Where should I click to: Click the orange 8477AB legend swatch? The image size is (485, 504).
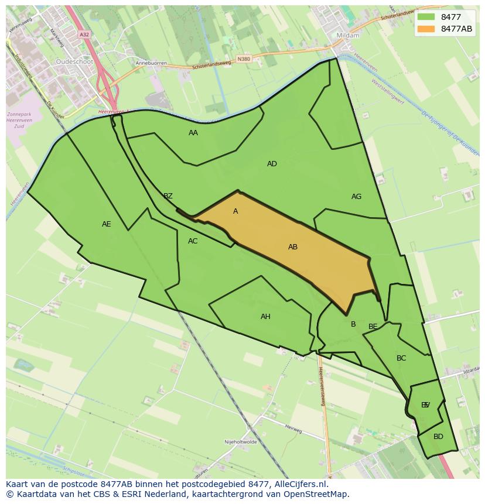[x=426, y=29]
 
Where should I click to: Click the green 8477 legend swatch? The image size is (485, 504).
[x=426, y=17]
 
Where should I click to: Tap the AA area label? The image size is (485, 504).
[x=193, y=133]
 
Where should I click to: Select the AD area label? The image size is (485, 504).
[x=272, y=164]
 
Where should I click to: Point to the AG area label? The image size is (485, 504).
[x=356, y=197]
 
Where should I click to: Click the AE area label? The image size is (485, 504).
[x=106, y=224]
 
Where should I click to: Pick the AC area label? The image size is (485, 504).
[x=193, y=241]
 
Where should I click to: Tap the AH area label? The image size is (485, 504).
[x=265, y=317]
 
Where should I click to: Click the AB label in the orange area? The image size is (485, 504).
[x=293, y=247]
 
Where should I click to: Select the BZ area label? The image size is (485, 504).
[x=168, y=196]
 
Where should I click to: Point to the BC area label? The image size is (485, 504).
[x=401, y=358]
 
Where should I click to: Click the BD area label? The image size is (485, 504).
[x=438, y=437]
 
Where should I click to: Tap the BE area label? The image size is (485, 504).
[x=373, y=327]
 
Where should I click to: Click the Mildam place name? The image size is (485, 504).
[x=348, y=35]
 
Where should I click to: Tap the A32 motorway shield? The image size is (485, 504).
[x=84, y=35]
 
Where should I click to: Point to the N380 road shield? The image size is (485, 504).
[x=244, y=59]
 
